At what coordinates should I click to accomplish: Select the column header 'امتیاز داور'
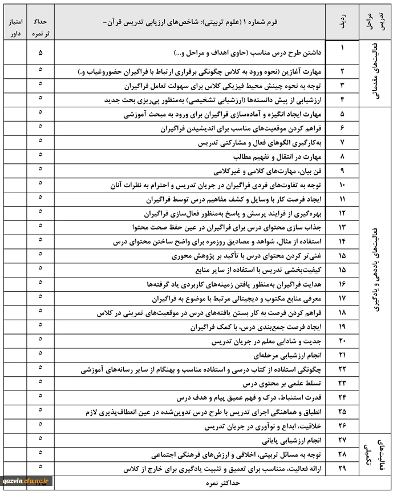[15, 26]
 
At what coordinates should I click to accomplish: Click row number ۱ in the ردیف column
[342, 48]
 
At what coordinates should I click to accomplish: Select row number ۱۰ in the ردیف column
[342, 185]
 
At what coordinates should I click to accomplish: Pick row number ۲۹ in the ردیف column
[342, 469]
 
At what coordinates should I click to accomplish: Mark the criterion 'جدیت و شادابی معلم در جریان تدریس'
[265, 341]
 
